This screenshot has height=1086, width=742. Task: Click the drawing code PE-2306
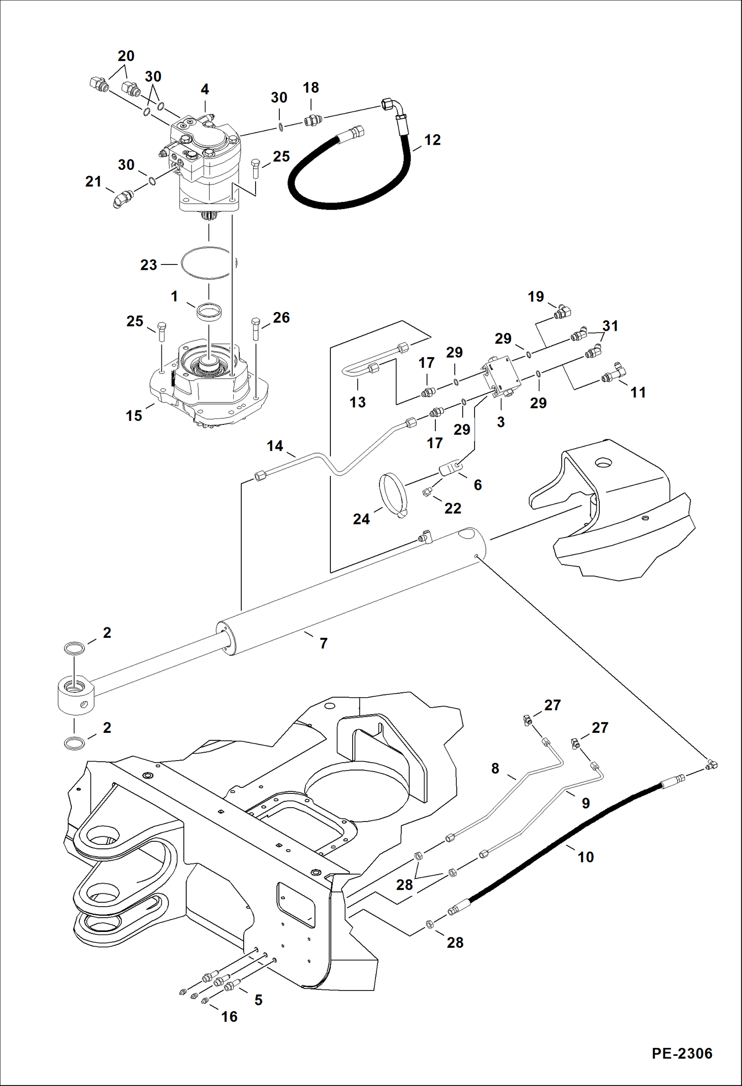tap(682, 1053)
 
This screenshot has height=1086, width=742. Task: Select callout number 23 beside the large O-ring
tap(148, 265)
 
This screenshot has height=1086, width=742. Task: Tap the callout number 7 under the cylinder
tap(323, 643)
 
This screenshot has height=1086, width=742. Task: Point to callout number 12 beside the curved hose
tap(432, 140)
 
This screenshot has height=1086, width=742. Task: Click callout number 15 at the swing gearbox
tap(134, 415)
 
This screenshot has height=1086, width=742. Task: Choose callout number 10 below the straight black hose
tap(585, 857)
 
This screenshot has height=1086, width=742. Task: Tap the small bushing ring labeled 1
tap(209, 312)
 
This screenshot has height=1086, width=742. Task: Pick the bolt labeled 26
tap(256, 327)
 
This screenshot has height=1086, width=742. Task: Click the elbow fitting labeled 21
tap(120, 199)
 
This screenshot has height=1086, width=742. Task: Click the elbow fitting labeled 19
tap(563, 311)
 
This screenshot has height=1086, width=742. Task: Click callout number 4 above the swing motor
tap(205, 90)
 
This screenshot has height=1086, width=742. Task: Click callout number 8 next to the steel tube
tap(495, 768)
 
